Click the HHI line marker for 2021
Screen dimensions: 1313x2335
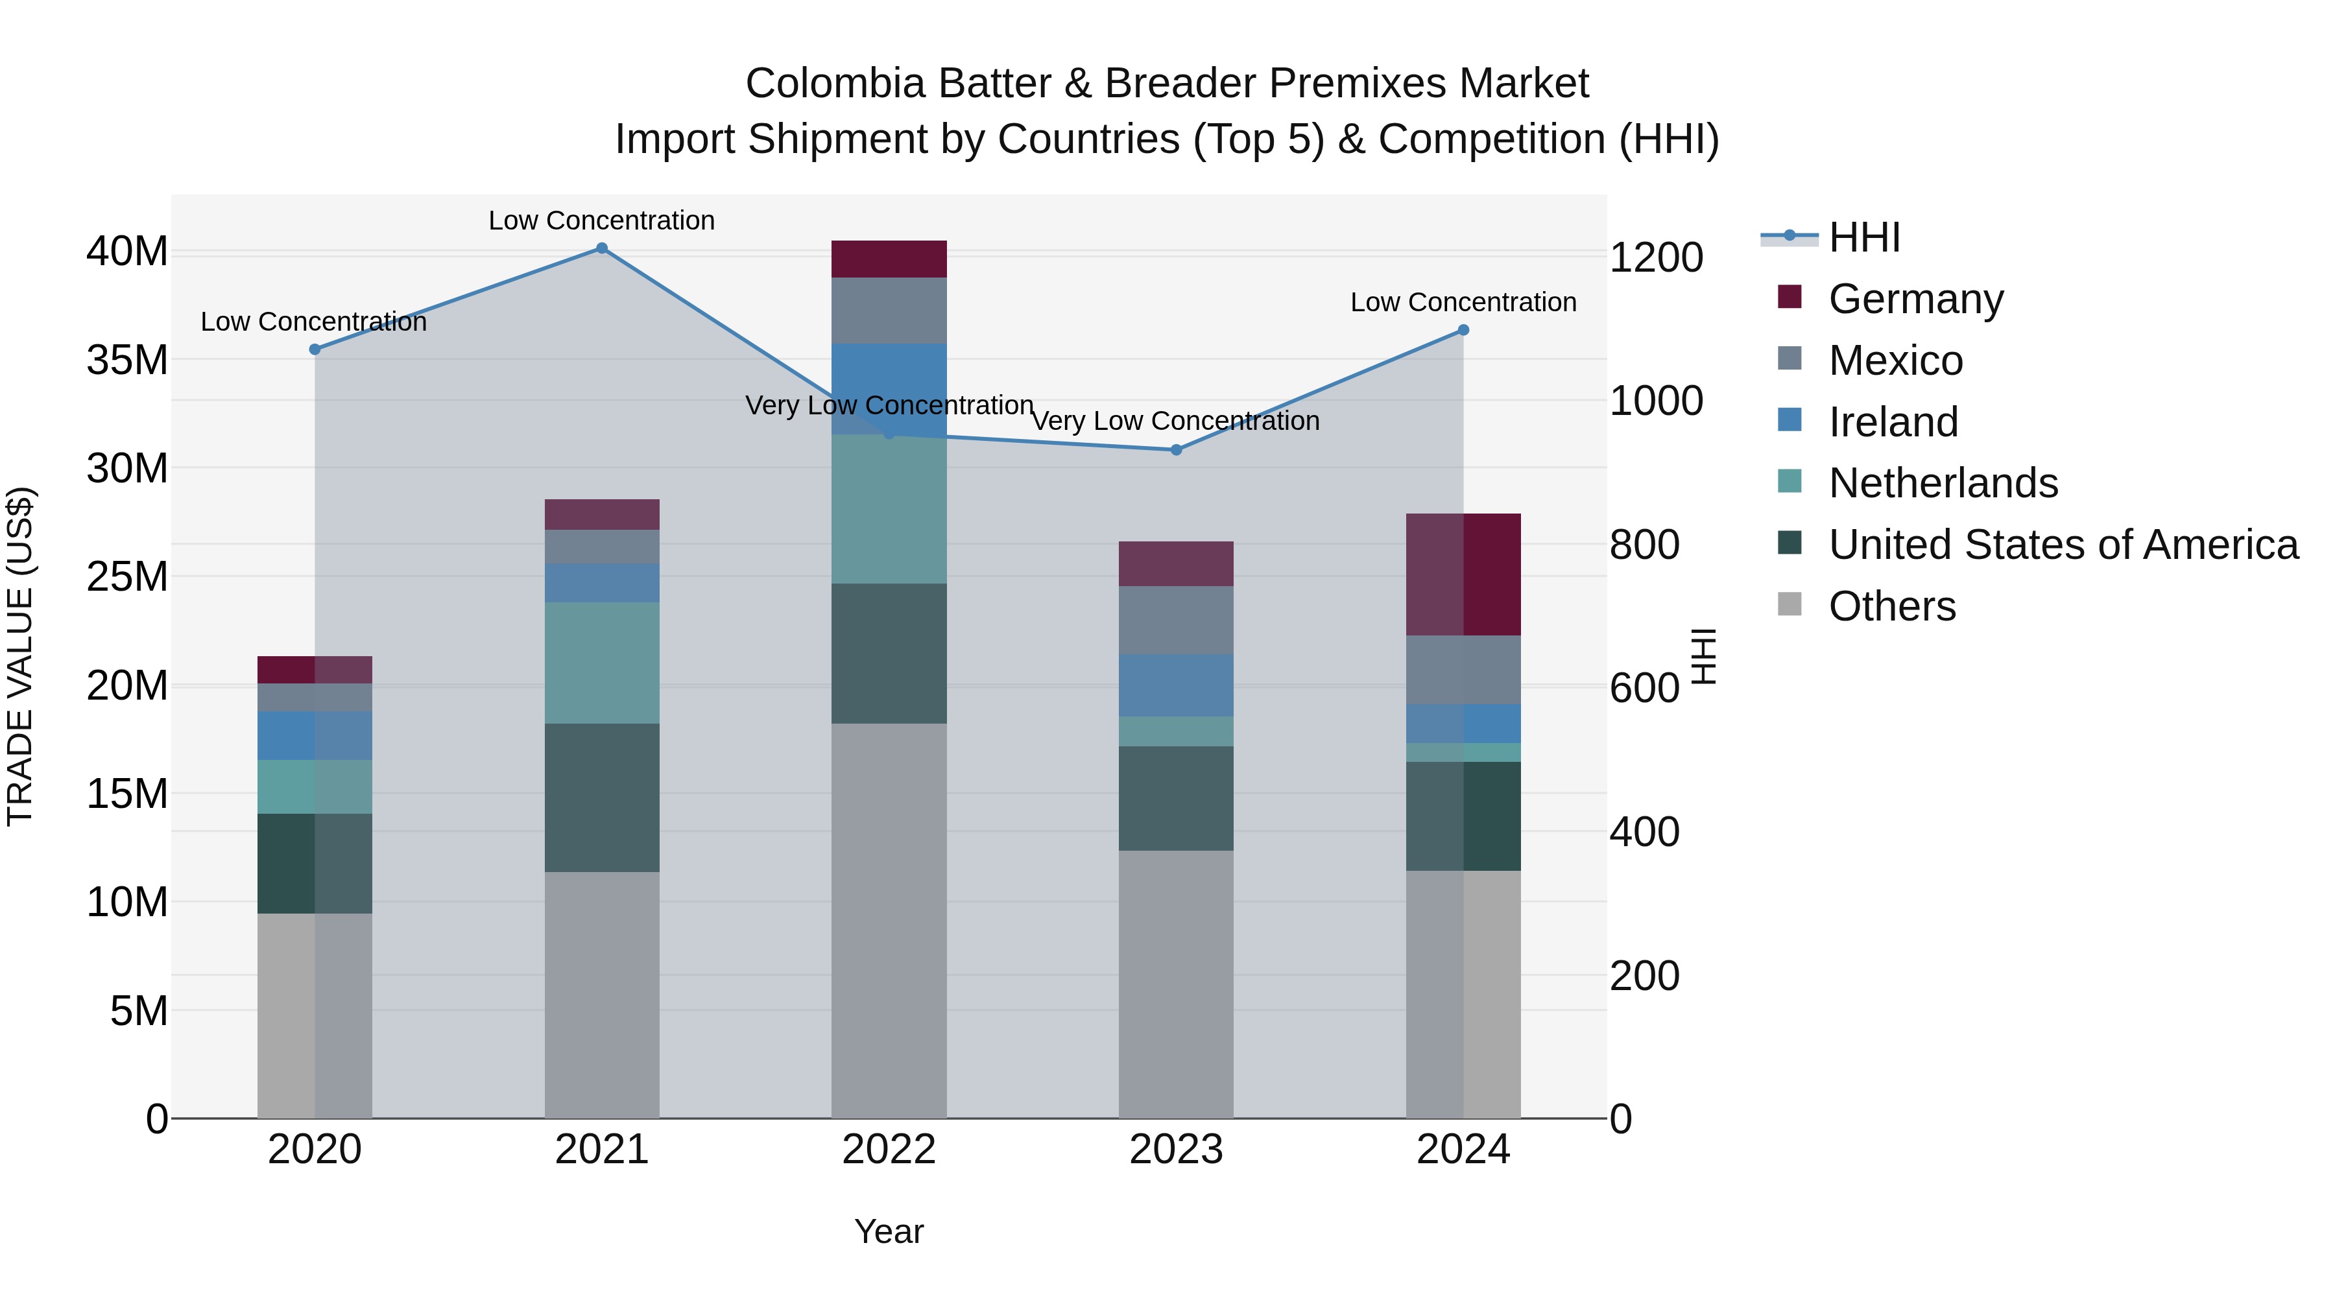coord(602,248)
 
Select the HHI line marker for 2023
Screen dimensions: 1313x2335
coord(1176,449)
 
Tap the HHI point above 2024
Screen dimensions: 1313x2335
coord(1463,330)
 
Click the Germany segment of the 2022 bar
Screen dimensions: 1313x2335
coord(889,259)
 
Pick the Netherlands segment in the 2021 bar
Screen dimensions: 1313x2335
coord(602,663)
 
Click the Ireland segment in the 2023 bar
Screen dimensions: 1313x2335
coord(1176,685)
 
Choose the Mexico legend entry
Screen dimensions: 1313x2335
coord(1895,361)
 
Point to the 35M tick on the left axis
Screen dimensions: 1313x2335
coord(127,360)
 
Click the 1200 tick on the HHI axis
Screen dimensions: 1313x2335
coord(1655,257)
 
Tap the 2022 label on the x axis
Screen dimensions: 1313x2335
coord(889,1150)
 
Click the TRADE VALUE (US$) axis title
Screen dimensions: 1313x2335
coord(20,656)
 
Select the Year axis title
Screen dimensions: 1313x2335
coord(889,1231)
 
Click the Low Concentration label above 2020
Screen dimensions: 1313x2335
coord(314,322)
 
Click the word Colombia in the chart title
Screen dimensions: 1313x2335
coord(835,84)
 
